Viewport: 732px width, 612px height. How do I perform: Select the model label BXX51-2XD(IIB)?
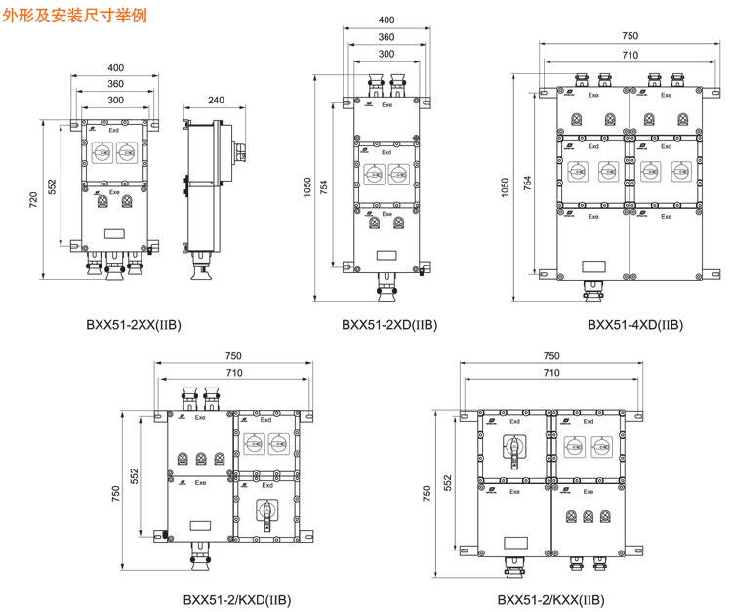coord(388,324)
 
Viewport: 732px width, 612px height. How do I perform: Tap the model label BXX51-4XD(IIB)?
coord(635,324)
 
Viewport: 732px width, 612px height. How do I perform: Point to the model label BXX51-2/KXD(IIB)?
coord(236,599)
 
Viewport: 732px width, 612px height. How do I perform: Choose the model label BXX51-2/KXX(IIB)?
coord(550,599)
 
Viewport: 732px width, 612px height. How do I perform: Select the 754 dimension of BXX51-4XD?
coord(527,182)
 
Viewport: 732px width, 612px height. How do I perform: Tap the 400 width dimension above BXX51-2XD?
coord(386,20)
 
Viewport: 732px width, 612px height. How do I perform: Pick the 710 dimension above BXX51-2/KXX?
coord(551,373)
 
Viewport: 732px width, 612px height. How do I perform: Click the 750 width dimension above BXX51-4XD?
coord(630,36)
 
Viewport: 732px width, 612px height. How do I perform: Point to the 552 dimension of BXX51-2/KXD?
coord(135,474)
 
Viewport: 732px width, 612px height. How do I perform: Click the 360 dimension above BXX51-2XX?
coord(116,84)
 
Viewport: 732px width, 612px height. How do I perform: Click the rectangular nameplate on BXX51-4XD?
coord(592,265)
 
